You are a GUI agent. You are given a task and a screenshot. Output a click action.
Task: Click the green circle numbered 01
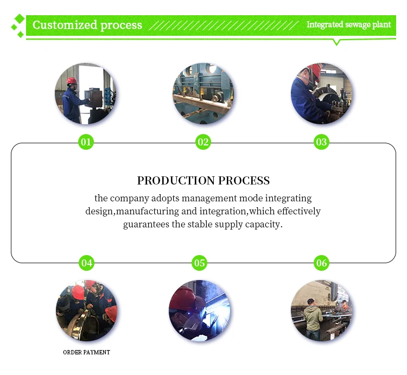pyautogui.click(x=86, y=142)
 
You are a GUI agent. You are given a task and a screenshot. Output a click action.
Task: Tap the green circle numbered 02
pyautogui.click(x=203, y=142)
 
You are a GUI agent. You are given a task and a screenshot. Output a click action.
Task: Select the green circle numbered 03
pyautogui.click(x=321, y=142)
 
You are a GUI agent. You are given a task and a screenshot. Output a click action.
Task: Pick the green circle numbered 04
pyautogui.click(x=86, y=263)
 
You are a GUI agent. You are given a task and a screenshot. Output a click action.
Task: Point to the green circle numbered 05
pyautogui.click(x=199, y=263)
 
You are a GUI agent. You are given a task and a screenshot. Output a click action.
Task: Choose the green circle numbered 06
pyautogui.click(x=321, y=263)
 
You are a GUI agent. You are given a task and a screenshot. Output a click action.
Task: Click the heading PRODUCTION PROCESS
pyautogui.click(x=203, y=181)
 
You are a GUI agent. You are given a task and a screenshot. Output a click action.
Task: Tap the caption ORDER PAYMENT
pyautogui.click(x=86, y=352)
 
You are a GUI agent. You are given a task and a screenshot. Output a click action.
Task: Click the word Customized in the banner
pyautogui.click(x=65, y=25)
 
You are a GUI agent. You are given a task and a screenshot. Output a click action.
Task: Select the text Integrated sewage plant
pyautogui.click(x=348, y=24)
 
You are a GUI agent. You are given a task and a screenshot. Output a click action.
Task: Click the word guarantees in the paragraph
pyautogui.click(x=146, y=224)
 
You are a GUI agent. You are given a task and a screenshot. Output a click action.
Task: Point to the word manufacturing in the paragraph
pyautogui.click(x=148, y=211)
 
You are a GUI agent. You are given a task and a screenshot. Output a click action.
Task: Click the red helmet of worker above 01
pyautogui.click(x=72, y=80)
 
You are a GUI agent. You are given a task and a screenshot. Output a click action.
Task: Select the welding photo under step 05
pyautogui.click(x=199, y=310)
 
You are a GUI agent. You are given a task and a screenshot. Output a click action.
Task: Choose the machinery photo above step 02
pyautogui.click(x=203, y=93)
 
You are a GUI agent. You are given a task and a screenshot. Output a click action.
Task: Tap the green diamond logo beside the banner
pyautogui.click(x=18, y=26)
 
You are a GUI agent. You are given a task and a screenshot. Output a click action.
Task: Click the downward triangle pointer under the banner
pyautogui.click(x=336, y=42)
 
